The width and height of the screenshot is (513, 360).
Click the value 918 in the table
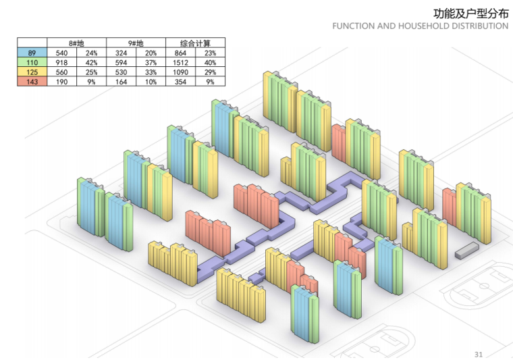61,61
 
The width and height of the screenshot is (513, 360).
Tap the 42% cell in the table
91,61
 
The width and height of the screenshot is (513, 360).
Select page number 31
479,354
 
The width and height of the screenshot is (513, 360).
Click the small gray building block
466,252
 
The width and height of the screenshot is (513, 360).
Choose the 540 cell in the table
61,52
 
